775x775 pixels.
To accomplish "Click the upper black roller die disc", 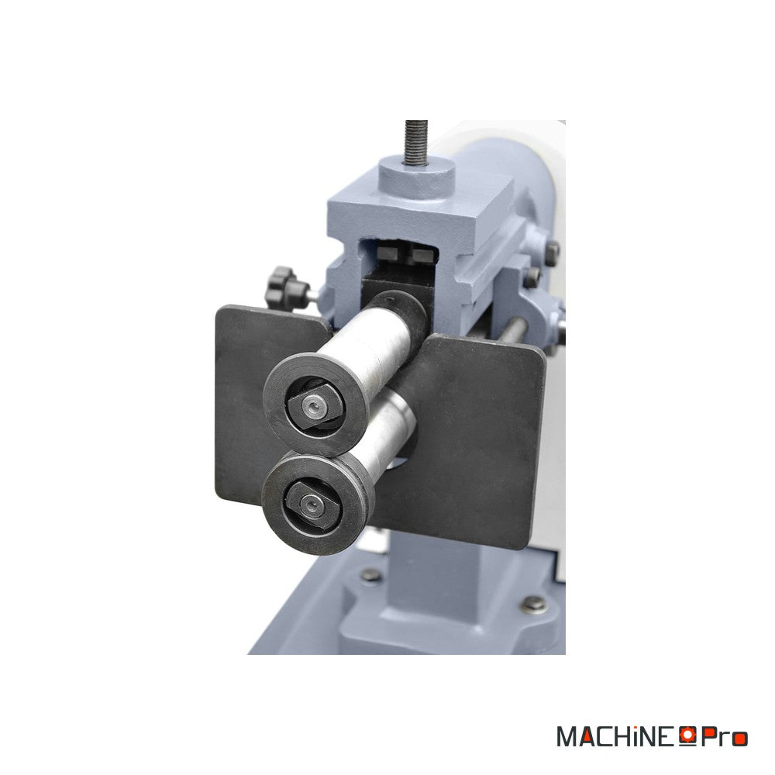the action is [x=315, y=405].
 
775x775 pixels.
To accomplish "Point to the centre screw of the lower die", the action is [x=311, y=505].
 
